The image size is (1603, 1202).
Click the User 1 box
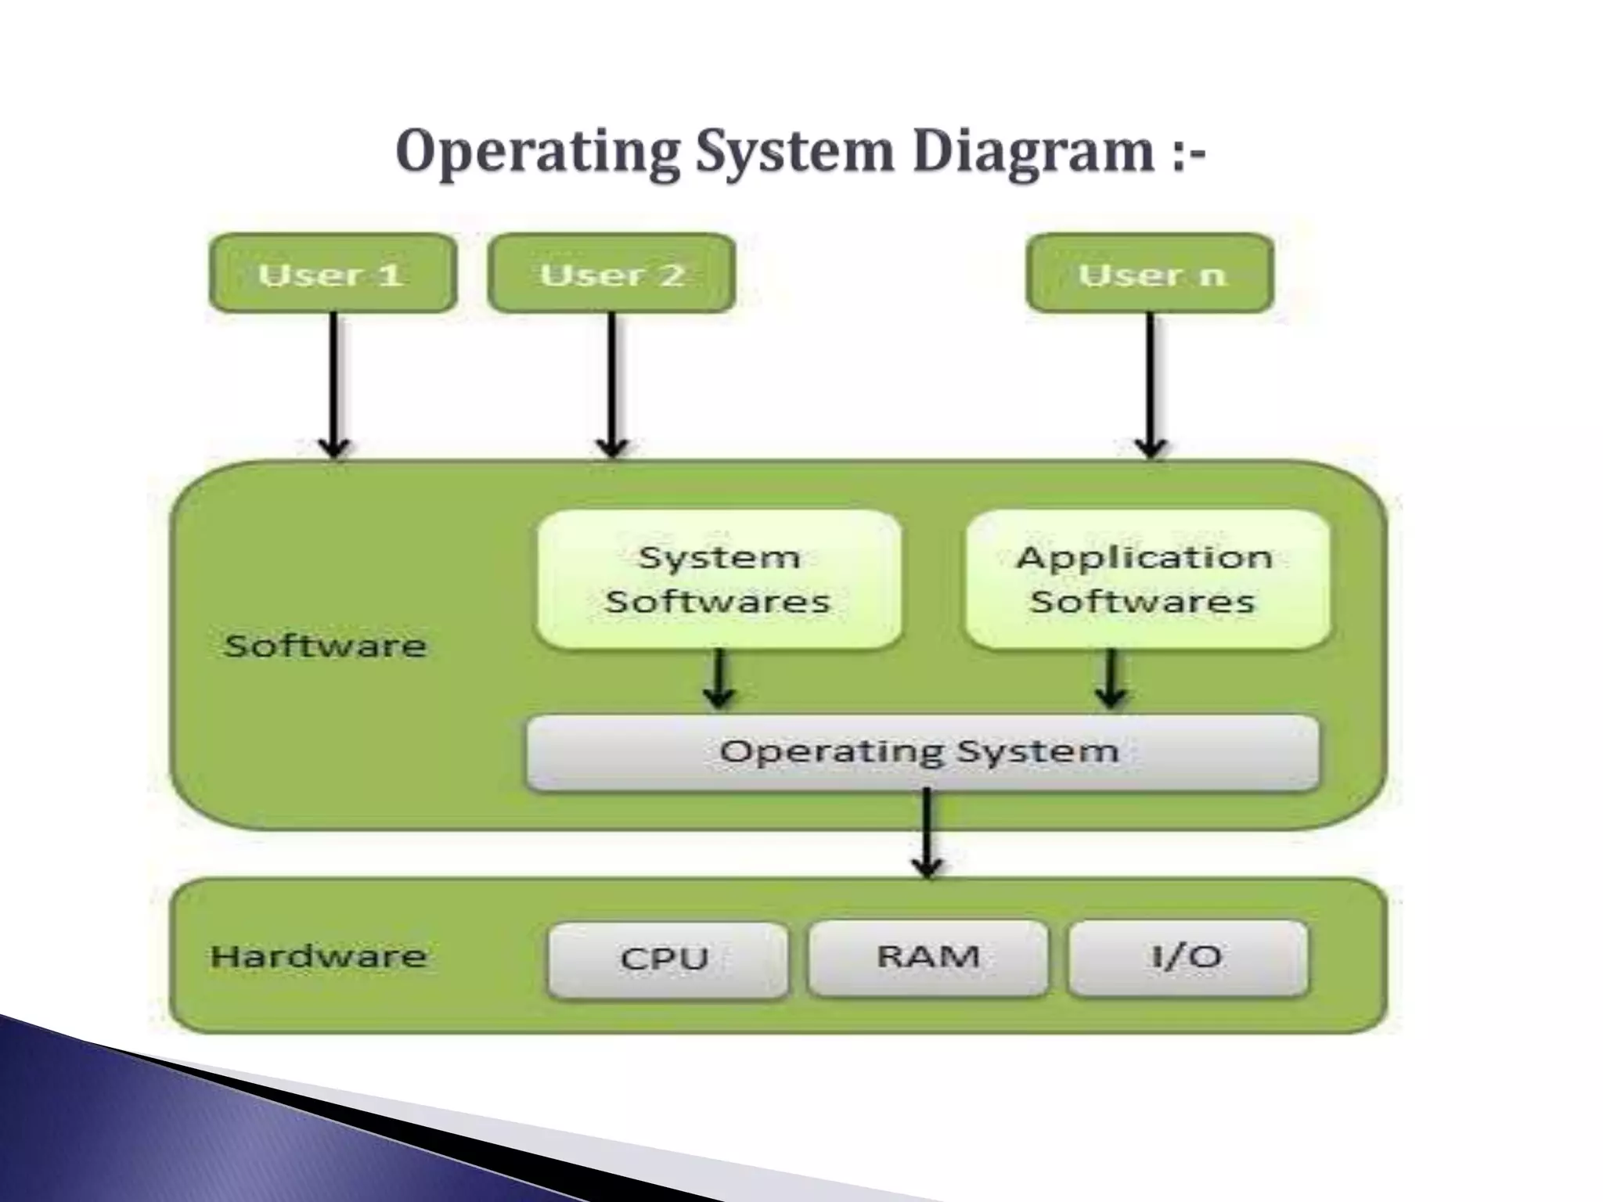pos(332,274)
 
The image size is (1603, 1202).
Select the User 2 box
pos(611,274)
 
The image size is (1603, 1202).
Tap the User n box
pos(1150,274)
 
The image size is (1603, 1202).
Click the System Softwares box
pos(719,580)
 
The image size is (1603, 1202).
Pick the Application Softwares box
pos(1147,580)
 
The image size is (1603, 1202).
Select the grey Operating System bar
pos(922,752)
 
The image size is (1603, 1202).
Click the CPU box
pos(667,959)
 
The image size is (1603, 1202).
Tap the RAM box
pos(928,957)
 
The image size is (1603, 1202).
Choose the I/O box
pos(1187,957)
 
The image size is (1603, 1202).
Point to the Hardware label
pos(319,956)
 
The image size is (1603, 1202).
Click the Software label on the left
pos(325,646)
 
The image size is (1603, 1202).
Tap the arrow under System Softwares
pos(719,679)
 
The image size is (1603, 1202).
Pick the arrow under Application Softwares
pos(1111,679)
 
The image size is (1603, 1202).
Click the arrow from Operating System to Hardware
pos(928,833)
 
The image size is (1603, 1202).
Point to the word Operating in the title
pos(537,153)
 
